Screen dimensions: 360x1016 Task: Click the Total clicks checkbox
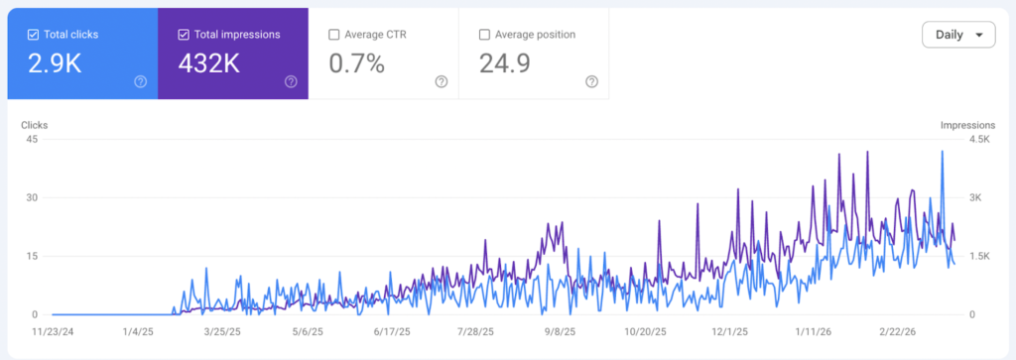[33, 35]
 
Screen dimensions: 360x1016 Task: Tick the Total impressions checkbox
[184, 35]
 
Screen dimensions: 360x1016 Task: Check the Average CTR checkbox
[334, 35]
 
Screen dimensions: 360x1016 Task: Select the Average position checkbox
[484, 35]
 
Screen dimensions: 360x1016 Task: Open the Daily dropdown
[957, 35]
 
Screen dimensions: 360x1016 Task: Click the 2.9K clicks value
[55, 64]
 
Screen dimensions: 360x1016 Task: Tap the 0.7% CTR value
[357, 64]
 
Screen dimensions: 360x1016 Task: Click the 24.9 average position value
[504, 64]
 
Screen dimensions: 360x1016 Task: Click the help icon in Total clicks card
[140, 81]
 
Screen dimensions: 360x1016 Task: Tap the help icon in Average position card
[591, 81]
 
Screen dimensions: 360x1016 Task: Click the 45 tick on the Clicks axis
[31, 139]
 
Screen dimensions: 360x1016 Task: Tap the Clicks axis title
[36, 125]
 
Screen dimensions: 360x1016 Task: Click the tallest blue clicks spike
[941, 152]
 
